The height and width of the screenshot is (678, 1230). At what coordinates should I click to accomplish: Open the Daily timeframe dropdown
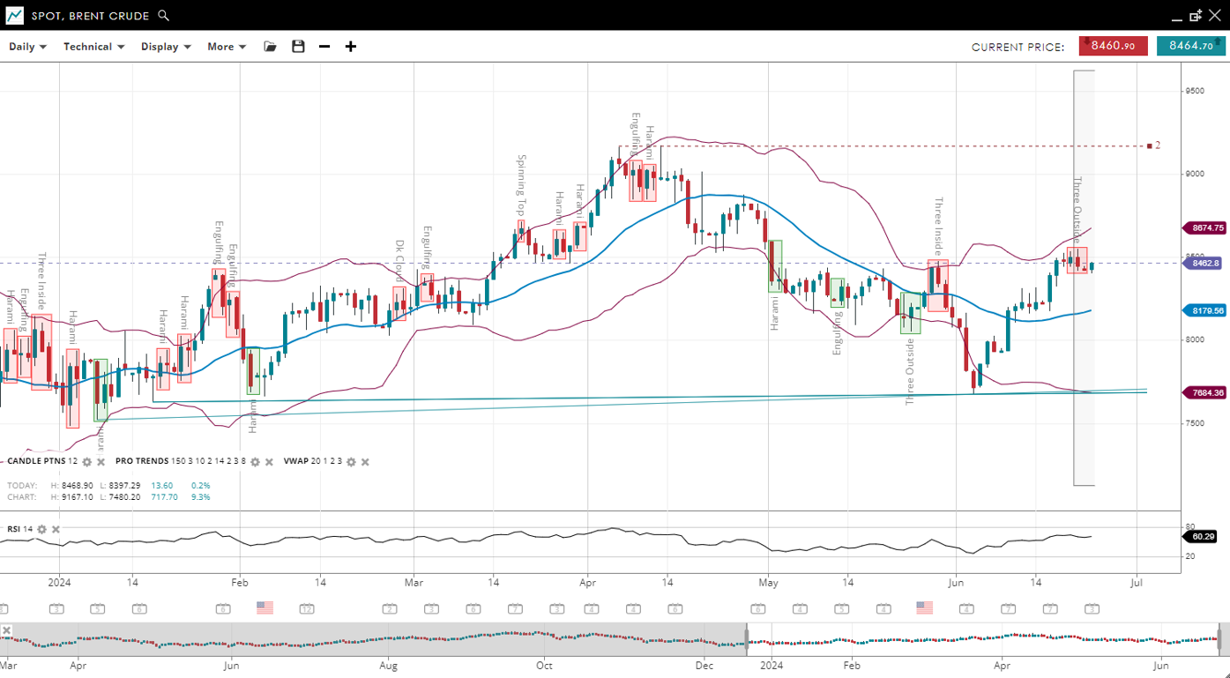coord(27,47)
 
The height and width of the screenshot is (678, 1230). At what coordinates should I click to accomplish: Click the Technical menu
coord(93,47)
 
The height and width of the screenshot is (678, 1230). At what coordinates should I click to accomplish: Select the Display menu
coord(166,47)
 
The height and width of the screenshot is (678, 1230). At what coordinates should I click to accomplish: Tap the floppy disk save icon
coord(298,47)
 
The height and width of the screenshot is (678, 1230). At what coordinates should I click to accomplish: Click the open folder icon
coord(271,47)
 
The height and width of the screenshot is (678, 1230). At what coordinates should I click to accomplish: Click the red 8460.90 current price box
coord(1113,46)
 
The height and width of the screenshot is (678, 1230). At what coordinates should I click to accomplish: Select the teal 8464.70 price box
coord(1190,46)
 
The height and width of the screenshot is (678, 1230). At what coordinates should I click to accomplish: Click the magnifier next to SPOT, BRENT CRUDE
coord(163,16)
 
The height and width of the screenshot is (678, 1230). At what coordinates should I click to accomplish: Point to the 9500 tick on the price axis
coord(1195,91)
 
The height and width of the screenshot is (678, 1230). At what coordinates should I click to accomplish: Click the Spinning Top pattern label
coord(521,185)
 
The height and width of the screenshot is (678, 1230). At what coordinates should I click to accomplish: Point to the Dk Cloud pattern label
coord(399,260)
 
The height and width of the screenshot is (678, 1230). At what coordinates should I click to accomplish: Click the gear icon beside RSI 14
coord(41,530)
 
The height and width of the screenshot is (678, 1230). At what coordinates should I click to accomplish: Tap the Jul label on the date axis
coord(1137,582)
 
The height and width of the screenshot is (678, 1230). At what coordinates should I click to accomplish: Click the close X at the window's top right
coord(1215,16)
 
